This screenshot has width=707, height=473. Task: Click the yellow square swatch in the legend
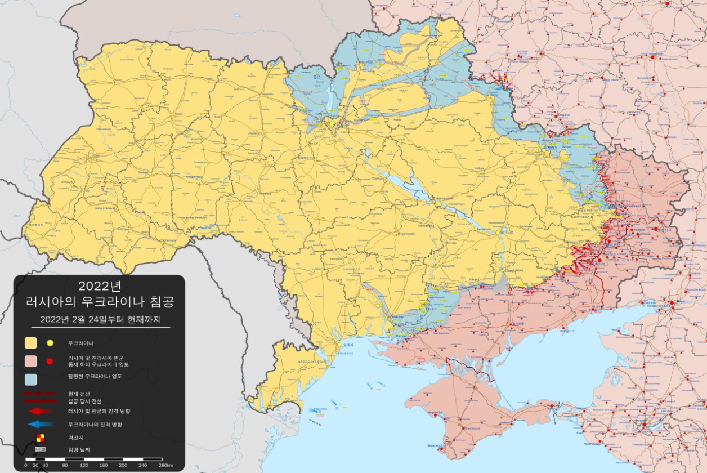pyautogui.click(x=30, y=343)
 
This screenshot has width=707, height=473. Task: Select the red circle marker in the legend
pyautogui.click(x=50, y=361)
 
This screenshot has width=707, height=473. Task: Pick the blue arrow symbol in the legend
pyautogui.click(x=41, y=424)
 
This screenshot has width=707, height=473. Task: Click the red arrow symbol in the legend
pyautogui.click(x=41, y=411)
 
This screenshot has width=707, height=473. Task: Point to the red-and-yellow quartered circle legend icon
pyautogui.click(x=40, y=438)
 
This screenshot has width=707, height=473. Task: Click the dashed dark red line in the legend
pyautogui.click(x=41, y=393)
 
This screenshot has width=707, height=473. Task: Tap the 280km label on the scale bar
pyautogui.click(x=165, y=466)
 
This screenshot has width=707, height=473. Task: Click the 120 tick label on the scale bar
pyautogui.click(x=84, y=466)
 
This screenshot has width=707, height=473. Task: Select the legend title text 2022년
pyautogui.click(x=100, y=285)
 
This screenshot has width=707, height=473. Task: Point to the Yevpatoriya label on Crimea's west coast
pyautogui.click(x=435, y=413)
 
